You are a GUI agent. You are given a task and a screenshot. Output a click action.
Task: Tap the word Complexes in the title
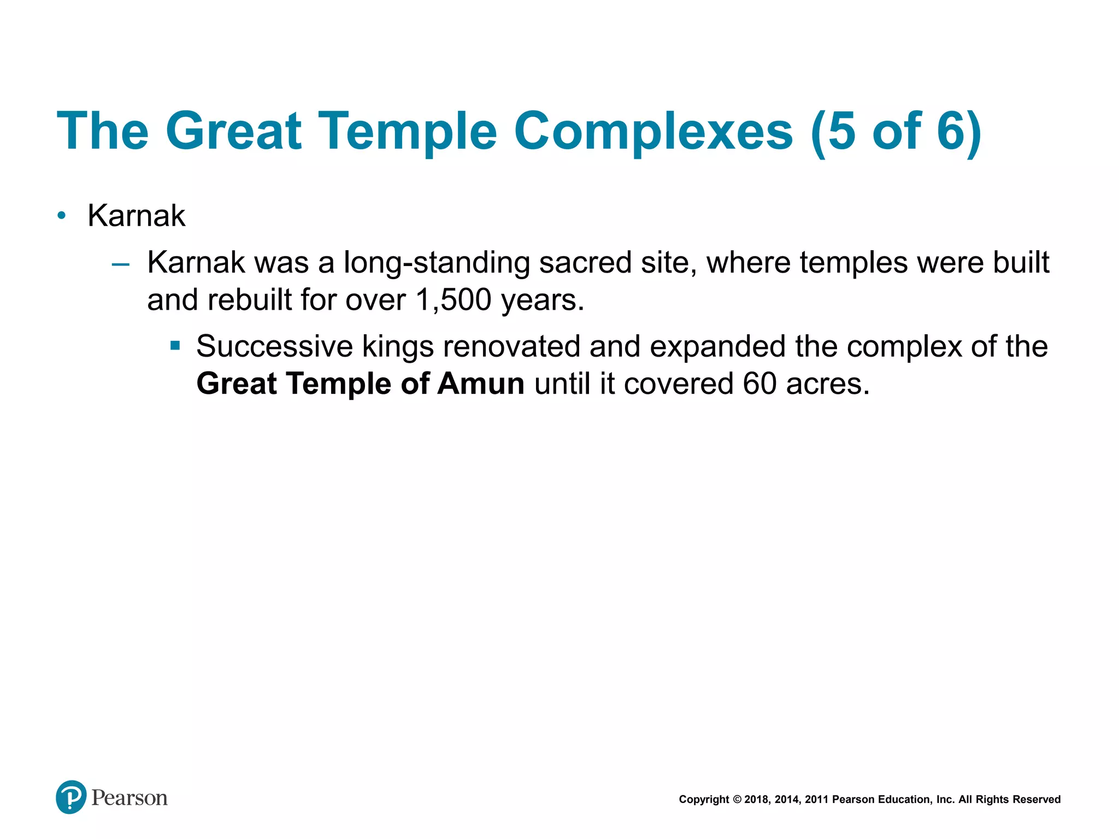[653, 131]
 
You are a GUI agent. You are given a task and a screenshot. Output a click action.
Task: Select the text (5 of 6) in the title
[896, 131]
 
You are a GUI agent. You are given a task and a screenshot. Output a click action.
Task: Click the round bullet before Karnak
[62, 216]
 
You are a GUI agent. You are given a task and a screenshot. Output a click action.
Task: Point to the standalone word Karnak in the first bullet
[136, 216]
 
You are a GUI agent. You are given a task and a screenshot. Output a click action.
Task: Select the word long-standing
[437, 263]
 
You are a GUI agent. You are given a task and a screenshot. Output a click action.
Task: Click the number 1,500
[453, 300]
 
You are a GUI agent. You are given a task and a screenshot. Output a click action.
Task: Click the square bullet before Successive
[175, 346]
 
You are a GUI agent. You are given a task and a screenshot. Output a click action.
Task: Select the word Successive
[274, 346]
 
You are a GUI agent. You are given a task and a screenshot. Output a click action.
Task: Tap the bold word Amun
[481, 383]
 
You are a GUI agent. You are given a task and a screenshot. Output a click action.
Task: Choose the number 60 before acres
[759, 383]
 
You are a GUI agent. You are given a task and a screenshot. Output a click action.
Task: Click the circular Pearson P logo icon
[71, 797]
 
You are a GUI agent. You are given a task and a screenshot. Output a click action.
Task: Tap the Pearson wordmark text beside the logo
[129, 798]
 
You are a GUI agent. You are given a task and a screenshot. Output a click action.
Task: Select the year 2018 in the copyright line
[756, 800]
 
